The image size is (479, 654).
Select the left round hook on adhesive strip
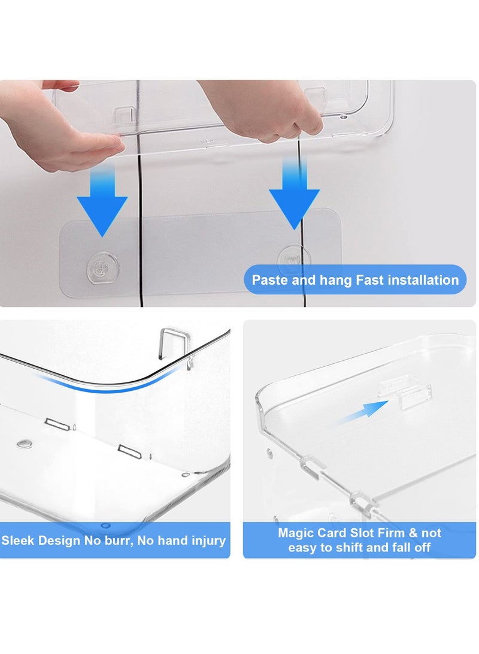[x=99, y=263]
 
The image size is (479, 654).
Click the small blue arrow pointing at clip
[x=366, y=411]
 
